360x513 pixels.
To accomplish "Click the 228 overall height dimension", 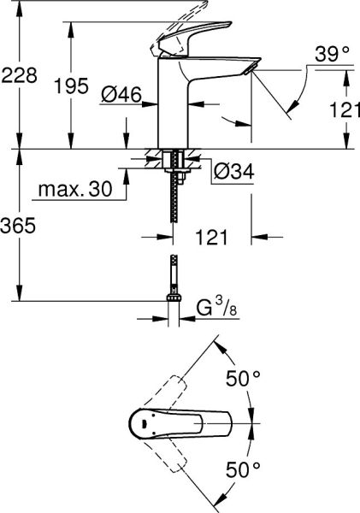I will tap(19, 75).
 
